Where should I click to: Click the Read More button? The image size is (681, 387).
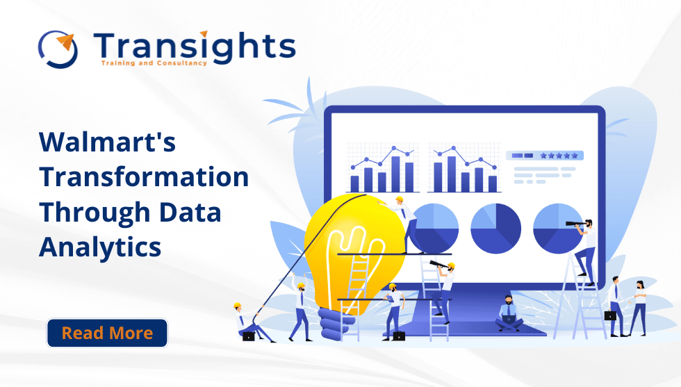pyautogui.click(x=107, y=333)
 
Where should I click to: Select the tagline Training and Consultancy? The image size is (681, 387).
pyautogui.click(x=154, y=63)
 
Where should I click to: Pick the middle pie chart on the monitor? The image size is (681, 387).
pyautogui.click(x=495, y=229)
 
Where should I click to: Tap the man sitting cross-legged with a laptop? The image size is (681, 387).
pyautogui.click(x=508, y=313)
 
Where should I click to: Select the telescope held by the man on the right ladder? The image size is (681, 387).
pyautogui.click(x=575, y=224)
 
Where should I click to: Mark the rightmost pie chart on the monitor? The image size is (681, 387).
pyautogui.click(x=558, y=229)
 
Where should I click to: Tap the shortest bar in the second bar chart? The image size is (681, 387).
pyautogui.click(x=493, y=183)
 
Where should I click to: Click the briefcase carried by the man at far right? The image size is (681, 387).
pyautogui.click(x=609, y=315)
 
